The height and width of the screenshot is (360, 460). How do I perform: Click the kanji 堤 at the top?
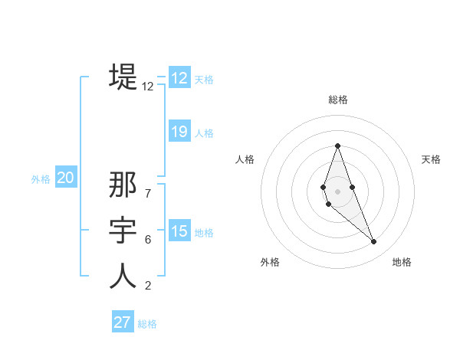[x=123, y=77]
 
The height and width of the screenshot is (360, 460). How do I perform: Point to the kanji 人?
[x=123, y=276]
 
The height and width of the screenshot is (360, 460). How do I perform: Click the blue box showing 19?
[x=179, y=132]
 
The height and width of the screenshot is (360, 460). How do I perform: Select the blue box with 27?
[x=122, y=322]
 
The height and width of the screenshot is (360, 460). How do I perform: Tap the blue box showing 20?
[x=65, y=178]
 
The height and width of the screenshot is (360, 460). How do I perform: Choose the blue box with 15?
[x=179, y=231]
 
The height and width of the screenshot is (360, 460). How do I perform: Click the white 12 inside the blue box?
[x=179, y=78]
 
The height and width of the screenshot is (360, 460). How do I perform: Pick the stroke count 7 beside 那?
[x=148, y=193]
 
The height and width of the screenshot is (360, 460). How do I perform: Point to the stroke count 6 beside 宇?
[x=148, y=240]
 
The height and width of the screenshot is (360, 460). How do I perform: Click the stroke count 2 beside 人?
[x=148, y=286]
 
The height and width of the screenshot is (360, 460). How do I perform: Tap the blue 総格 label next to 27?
[x=147, y=324]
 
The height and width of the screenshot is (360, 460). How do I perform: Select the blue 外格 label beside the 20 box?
[x=41, y=179]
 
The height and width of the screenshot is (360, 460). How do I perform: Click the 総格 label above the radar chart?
[x=338, y=100]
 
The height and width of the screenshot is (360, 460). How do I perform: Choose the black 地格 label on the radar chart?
[x=402, y=262]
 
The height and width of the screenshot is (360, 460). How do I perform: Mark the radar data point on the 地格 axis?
[x=374, y=242]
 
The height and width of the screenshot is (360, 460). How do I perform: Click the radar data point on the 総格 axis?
[x=337, y=146]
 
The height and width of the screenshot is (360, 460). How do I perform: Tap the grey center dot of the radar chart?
[x=337, y=191]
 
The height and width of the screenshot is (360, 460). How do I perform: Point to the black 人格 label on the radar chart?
[x=245, y=159]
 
